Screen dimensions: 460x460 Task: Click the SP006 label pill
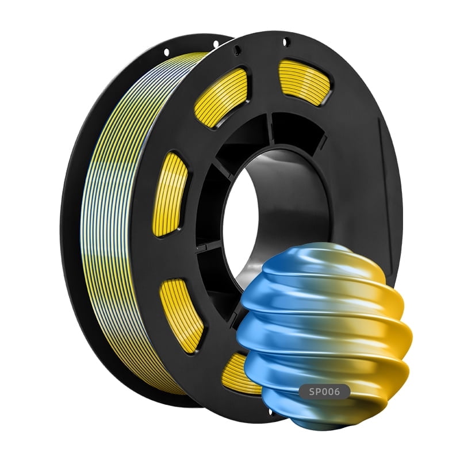point(324,392)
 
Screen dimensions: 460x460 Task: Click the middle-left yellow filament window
point(171,194)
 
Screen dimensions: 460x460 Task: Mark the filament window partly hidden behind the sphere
point(239,374)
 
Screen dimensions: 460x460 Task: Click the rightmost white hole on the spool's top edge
point(286,41)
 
